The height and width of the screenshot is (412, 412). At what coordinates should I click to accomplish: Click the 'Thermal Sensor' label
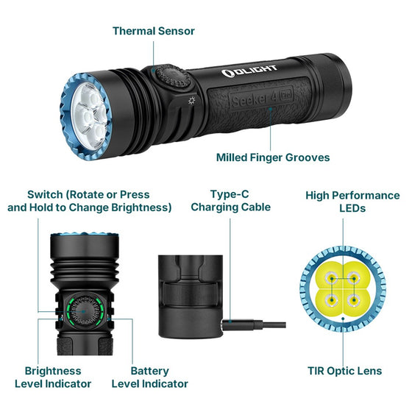tap(153, 31)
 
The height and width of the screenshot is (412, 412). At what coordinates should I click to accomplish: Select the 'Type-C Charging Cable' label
tap(230, 201)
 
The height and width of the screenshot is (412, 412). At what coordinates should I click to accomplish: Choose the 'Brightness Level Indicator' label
tap(53, 377)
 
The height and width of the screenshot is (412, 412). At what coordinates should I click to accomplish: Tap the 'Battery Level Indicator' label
tap(149, 377)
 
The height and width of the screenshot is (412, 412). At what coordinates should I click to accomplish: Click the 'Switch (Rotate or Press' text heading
tap(88, 195)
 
